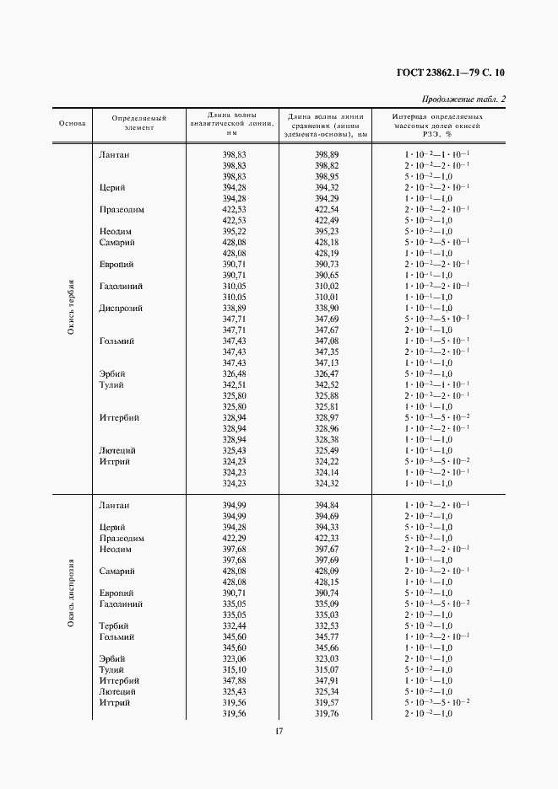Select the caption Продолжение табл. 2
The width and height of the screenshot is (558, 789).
[x=470, y=99]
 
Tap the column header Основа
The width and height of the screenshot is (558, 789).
[x=73, y=123]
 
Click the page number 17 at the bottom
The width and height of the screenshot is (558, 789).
[x=279, y=732]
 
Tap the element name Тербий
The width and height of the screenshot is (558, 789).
[x=113, y=626]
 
